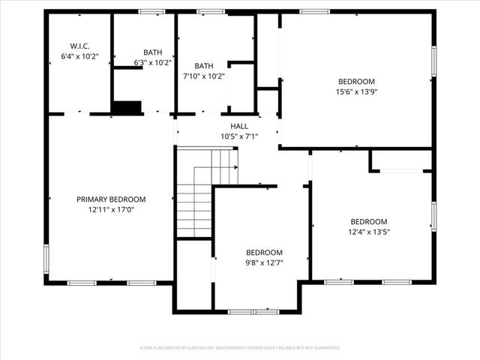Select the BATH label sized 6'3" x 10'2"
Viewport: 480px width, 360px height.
tap(153, 52)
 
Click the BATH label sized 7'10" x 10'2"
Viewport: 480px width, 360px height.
tap(204, 66)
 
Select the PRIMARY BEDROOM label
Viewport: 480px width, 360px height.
tap(111, 199)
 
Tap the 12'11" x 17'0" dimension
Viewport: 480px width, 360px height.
tap(111, 210)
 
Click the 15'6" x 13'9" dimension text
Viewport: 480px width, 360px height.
tap(355, 91)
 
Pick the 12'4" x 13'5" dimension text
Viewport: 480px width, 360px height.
tap(369, 232)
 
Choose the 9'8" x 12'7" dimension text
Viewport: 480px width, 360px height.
tap(265, 262)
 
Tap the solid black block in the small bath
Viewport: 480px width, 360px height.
tap(127, 107)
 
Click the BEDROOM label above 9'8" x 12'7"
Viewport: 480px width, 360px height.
tap(265, 253)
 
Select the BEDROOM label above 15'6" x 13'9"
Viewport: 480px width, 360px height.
tap(355, 81)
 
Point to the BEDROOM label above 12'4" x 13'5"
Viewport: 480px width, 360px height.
tap(369, 221)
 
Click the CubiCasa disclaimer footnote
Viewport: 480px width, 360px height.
tap(240, 348)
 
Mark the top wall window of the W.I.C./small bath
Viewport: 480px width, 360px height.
tap(152, 11)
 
